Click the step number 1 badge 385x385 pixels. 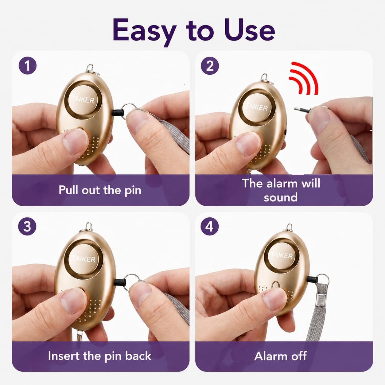pos(28,65)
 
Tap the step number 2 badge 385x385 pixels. pos(210,66)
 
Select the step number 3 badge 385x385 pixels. pos(27,226)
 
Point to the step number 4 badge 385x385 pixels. pos(209,227)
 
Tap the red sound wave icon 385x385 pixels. pos(303,78)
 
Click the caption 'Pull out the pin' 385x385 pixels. pos(100,190)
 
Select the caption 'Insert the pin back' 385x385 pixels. pos(99,356)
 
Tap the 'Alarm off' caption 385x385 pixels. pos(280,356)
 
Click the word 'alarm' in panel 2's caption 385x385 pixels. pos(283,183)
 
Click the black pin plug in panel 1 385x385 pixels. pos(117,113)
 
